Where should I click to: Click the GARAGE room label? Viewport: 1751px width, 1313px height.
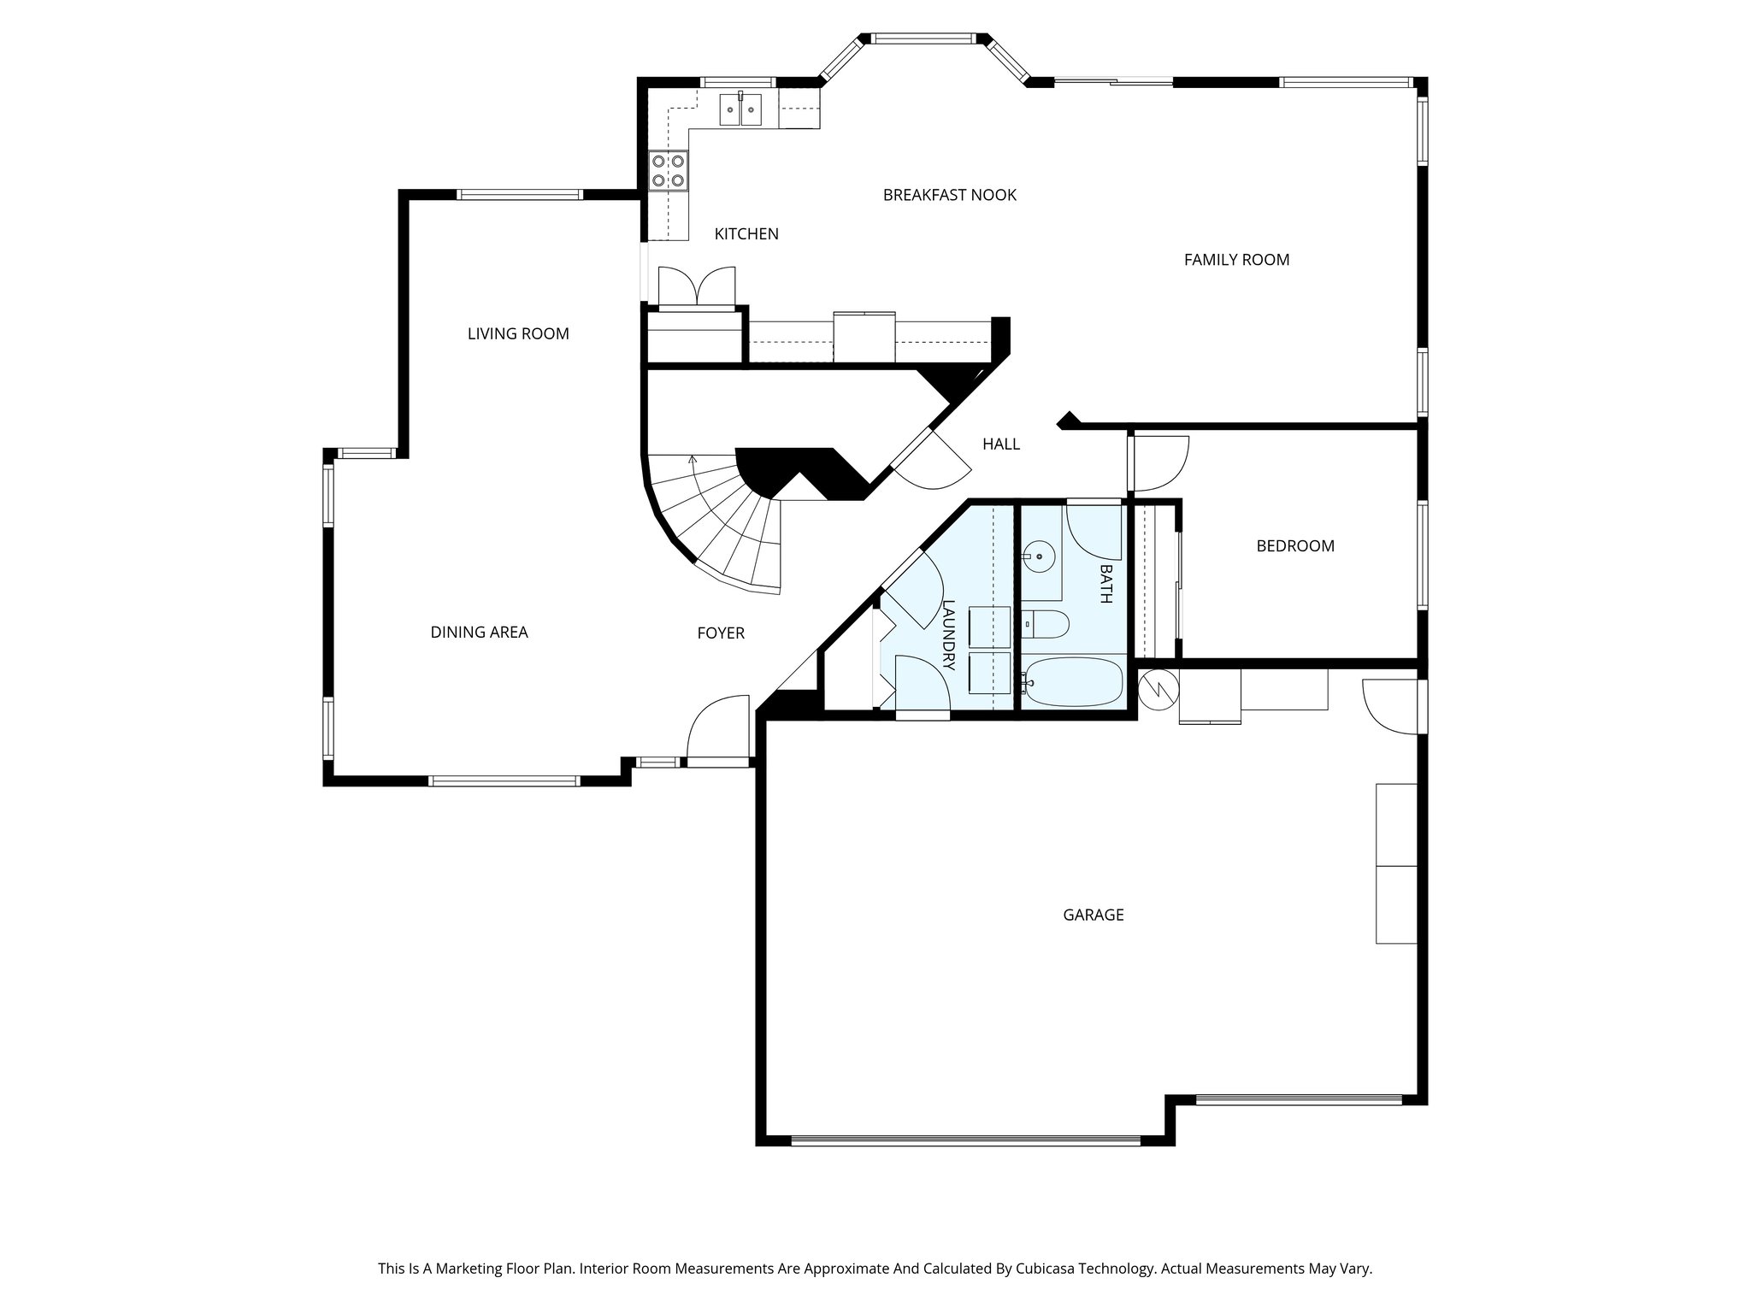coord(1093,915)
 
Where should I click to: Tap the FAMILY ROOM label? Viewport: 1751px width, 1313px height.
coord(1236,260)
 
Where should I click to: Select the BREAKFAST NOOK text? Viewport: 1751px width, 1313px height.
coord(949,195)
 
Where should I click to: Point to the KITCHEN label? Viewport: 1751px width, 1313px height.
coord(746,234)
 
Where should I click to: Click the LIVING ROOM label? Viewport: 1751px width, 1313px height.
coord(518,334)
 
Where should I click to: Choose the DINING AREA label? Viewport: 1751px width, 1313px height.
coord(479,633)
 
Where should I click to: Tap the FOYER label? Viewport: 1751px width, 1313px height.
coord(721,633)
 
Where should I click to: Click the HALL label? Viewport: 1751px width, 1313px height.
coord(1000,445)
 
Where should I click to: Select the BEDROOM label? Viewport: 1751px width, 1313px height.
coord(1294,546)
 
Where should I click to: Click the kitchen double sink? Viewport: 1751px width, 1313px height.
coord(740,109)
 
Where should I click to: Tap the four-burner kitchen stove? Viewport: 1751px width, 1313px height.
coord(667,169)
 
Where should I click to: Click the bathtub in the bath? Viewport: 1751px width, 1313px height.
coord(1075,682)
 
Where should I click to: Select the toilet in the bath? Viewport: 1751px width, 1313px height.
coord(1047,625)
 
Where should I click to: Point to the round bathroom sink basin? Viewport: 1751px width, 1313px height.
coord(1040,557)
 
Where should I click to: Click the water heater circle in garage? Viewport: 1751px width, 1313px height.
coord(1158,689)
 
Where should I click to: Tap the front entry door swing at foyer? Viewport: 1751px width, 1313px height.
coord(716,728)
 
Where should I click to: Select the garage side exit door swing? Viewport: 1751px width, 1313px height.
coord(1389,706)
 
